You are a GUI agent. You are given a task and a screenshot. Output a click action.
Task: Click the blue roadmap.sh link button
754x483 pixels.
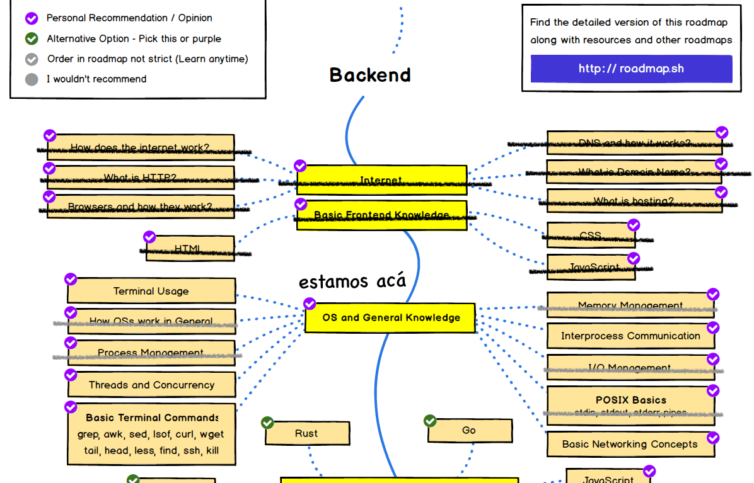pyautogui.click(x=631, y=69)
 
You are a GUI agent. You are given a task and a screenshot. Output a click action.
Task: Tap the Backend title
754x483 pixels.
pyautogui.click(x=370, y=75)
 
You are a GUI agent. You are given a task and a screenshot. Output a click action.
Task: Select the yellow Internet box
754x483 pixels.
pyautogui.click(x=381, y=180)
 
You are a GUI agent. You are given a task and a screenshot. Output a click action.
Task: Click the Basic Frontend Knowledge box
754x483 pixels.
pyautogui.click(x=381, y=215)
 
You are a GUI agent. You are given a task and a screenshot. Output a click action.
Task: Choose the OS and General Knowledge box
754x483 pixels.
pyautogui.click(x=390, y=318)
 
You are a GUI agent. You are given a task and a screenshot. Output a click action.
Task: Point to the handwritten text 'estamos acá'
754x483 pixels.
pyautogui.click(x=352, y=281)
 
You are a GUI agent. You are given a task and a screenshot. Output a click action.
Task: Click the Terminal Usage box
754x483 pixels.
pyautogui.click(x=151, y=291)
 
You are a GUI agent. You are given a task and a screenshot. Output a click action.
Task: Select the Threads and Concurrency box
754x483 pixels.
pyautogui.click(x=151, y=385)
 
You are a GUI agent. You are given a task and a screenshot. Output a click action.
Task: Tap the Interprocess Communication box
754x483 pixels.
pyautogui.click(x=630, y=336)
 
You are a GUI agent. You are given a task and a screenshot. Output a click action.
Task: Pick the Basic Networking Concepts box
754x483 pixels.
pyautogui.click(x=630, y=444)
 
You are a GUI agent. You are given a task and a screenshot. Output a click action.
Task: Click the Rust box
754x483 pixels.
pyautogui.click(x=306, y=434)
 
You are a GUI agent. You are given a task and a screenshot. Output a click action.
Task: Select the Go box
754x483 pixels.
pyautogui.click(x=469, y=431)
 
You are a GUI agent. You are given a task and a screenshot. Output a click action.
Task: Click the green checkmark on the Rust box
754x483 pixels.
pyautogui.click(x=267, y=423)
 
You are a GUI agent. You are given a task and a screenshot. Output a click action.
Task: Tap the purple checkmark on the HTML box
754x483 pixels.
pyautogui.click(x=149, y=237)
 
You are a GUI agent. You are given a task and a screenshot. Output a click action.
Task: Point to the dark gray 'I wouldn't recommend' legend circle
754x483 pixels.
pyautogui.click(x=32, y=79)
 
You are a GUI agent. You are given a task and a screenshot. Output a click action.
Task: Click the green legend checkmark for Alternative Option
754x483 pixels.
pyautogui.click(x=32, y=39)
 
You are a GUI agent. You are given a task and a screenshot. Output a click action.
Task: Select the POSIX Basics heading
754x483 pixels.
pyautogui.click(x=630, y=400)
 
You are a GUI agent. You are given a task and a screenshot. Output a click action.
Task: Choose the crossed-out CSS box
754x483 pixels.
pyautogui.click(x=591, y=236)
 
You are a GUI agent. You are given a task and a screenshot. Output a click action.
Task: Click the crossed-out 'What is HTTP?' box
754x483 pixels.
pyautogui.click(x=140, y=178)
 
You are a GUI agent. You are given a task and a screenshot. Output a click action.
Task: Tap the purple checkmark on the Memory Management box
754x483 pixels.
pyautogui.click(x=713, y=294)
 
